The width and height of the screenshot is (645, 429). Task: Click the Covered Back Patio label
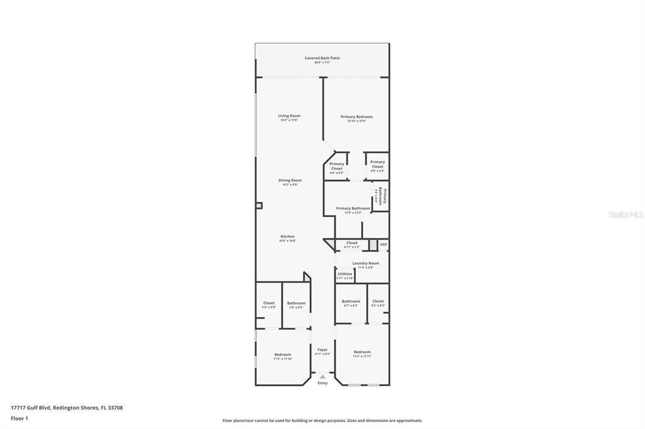tap(322, 58)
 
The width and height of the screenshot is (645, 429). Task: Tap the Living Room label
tap(289, 116)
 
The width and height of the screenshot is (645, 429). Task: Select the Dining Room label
tap(290, 181)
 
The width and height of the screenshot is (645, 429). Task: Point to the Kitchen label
tap(287, 237)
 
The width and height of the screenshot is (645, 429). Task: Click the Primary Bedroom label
tap(357, 116)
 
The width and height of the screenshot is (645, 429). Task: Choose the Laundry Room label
tap(365, 263)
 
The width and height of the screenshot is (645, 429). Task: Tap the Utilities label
tap(345, 274)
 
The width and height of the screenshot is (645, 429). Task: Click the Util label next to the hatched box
tap(383, 244)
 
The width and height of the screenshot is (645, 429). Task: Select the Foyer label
tap(322, 350)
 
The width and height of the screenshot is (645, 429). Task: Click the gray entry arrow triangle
tap(322, 377)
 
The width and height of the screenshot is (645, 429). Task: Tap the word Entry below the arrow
tap(322, 383)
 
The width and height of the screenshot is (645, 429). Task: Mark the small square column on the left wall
tap(259, 205)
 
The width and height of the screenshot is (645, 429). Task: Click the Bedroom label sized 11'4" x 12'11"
tap(362, 352)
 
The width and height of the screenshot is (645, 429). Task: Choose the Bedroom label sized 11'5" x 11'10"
tap(283, 355)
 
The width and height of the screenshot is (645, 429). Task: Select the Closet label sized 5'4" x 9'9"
tap(268, 303)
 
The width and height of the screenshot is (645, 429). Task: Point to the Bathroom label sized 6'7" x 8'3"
tap(351, 301)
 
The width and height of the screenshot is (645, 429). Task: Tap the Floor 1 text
tap(20, 418)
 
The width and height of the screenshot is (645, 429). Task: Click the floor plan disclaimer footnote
tap(322, 421)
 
